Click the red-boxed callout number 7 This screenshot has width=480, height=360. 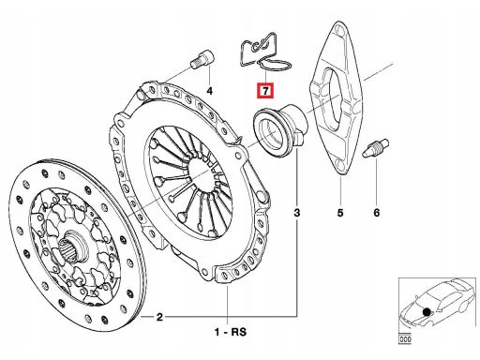pyautogui.click(x=265, y=91)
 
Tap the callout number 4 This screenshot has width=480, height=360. pyautogui.click(x=209, y=91)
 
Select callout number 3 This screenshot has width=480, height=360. pyautogui.click(x=297, y=213)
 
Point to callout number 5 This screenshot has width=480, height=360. pyautogui.click(x=340, y=213)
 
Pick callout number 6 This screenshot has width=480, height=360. pyautogui.click(x=376, y=213)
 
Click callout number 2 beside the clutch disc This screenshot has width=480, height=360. pyautogui.click(x=159, y=317)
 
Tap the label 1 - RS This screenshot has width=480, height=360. pyautogui.click(x=231, y=332)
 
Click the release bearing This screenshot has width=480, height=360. pyautogui.click(x=280, y=129)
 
